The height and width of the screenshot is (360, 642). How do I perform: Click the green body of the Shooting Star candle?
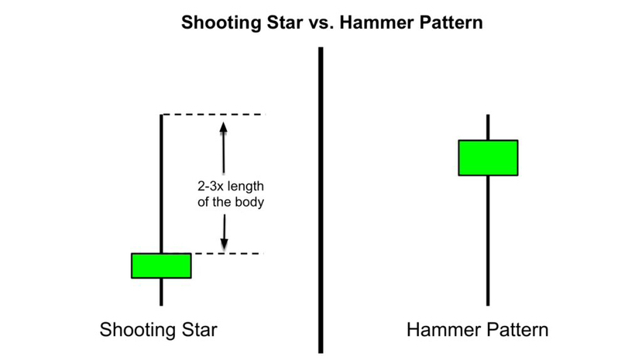(x=161, y=266)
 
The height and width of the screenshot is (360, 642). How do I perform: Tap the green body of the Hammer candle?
(x=488, y=158)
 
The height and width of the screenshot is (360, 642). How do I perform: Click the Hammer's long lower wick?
(x=488, y=240)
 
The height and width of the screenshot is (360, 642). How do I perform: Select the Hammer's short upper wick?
(x=488, y=127)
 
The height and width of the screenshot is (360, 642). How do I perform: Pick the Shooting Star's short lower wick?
(x=161, y=291)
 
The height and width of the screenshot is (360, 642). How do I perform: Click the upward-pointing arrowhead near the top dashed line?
(x=224, y=125)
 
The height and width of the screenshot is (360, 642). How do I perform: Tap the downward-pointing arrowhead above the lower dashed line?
(x=224, y=243)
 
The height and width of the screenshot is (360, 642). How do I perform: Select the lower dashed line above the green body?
(x=225, y=253)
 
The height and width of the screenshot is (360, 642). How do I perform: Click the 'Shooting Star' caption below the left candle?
(x=159, y=330)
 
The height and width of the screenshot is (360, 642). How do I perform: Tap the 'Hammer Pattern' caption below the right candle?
(x=478, y=330)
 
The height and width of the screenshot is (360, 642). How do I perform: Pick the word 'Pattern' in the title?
(x=451, y=22)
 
